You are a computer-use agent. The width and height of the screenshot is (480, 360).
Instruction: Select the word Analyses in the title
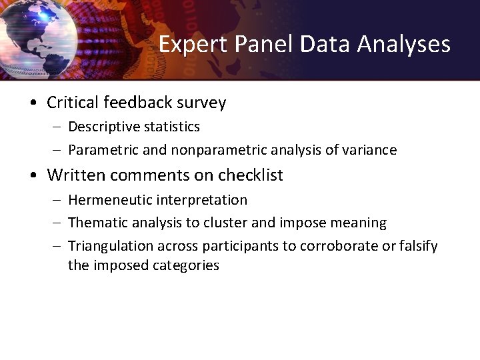click(404, 45)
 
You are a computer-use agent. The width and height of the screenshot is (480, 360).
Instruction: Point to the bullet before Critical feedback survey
click(33, 103)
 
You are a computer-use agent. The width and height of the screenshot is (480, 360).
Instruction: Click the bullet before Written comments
click(33, 176)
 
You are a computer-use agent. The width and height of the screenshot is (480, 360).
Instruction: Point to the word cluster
click(253, 223)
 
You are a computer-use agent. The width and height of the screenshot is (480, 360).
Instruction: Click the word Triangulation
click(111, 246)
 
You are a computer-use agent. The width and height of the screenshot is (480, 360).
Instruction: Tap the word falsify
click(418, 246)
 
